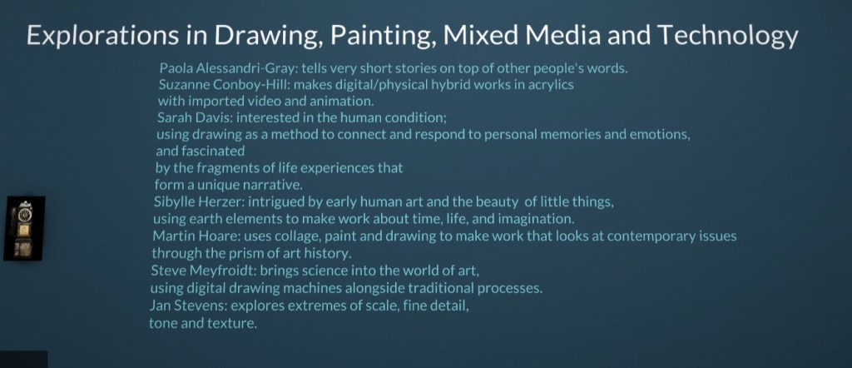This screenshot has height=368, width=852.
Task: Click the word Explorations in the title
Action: pos(103,37)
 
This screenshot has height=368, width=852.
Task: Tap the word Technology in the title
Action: pos(727,37)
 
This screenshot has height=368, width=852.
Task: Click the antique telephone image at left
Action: pos(24,228)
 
